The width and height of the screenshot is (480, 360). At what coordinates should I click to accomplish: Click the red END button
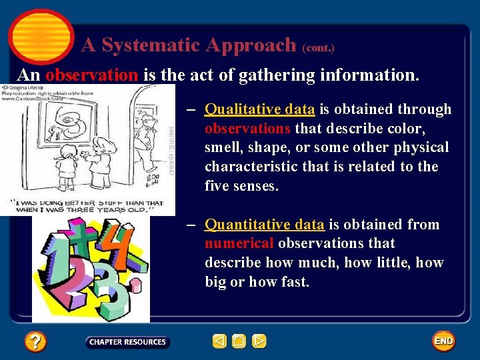pos(443,341)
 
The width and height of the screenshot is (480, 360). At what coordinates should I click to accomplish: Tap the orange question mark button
pos(35,342)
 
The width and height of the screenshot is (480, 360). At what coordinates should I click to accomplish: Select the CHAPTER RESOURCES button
pos(127,342)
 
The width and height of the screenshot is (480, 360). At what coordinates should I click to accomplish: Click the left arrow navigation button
pos(219,342)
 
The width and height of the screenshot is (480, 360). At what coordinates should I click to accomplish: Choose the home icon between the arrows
pos(239,342)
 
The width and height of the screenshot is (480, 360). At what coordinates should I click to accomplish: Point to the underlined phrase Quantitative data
pos(264,225)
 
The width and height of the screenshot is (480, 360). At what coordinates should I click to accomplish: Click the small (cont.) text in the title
pos(318,48)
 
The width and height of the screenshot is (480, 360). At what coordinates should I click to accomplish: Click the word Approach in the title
pos(251,45)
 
